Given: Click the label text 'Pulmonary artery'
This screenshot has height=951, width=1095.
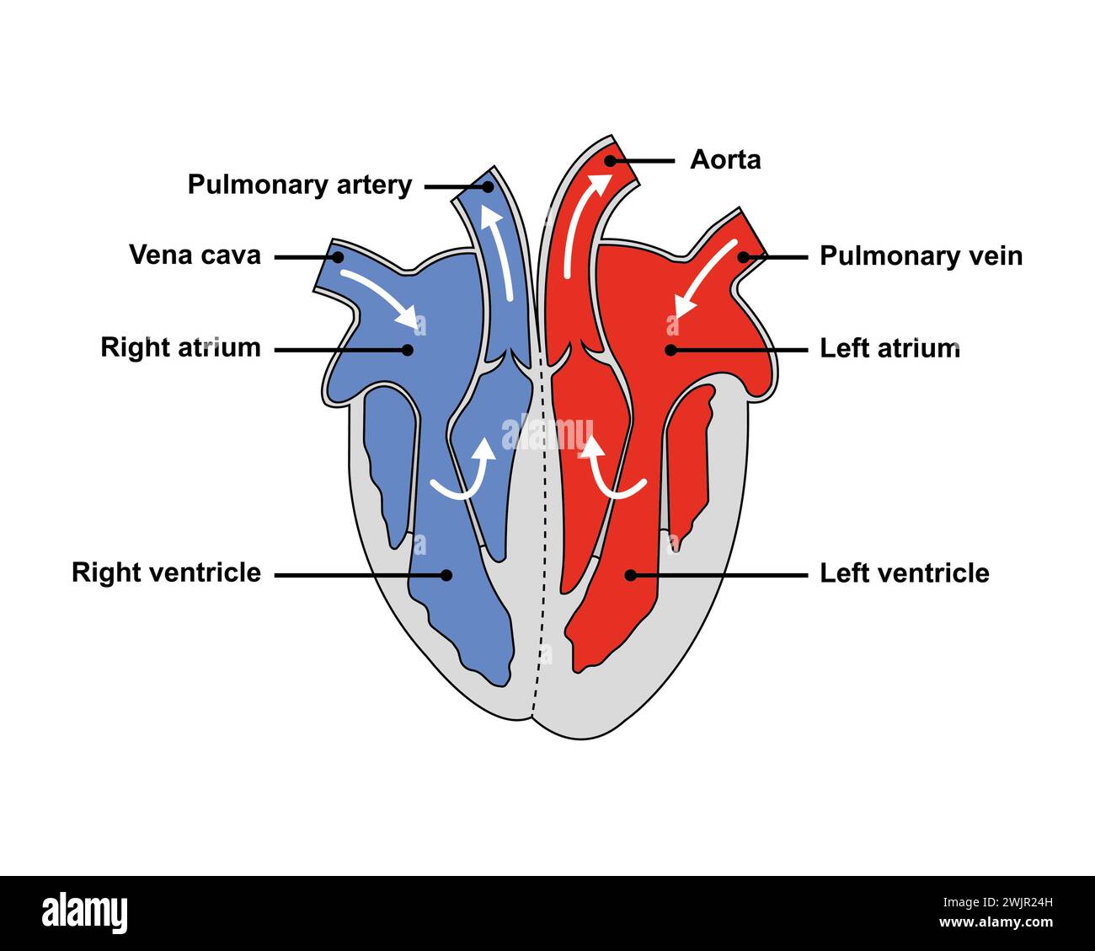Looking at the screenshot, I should pyautogui.click(x=299, y=185).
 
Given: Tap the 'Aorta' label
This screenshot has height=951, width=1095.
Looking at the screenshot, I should pyautogui.click(x=725, y=159).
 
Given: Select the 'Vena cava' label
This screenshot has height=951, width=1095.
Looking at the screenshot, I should pyautogui.click(x=195, y=255).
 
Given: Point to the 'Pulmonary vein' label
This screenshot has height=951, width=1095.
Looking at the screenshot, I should pyautogui.click(x=921, y=256).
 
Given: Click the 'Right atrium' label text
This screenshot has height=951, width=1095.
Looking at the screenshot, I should pyautogui.click(x=180, y=347).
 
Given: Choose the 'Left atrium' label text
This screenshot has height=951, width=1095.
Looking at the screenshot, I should pyautogui.click(x=889, y=348).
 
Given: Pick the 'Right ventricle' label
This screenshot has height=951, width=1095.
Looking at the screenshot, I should pyautogui.click(x=166, y=572).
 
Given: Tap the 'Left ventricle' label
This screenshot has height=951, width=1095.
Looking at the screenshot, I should pyautogui.click(x=904, y=573).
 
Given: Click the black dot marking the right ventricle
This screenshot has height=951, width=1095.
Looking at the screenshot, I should pyautogui.click(x=447, y=575).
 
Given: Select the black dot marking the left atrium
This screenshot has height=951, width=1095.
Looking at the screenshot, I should pyautogui.click(x=670, y=349).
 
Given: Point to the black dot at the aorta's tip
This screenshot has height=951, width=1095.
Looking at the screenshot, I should pyautogui.click(x=610, y=160).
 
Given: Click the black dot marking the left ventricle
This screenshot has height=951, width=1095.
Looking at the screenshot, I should pyautogui.click(x=628, y=575).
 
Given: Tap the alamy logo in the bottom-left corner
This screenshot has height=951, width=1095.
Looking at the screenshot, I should pyautogui.click(x=85, y=913).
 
